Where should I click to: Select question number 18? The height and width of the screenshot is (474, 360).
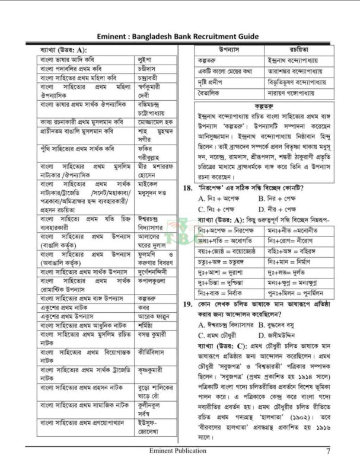(186, 188)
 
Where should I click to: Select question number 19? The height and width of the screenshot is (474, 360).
(186, 304)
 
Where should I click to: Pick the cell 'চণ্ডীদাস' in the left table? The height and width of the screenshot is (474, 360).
(146, 69)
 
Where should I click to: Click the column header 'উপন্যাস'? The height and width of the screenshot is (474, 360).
(228, 49)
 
